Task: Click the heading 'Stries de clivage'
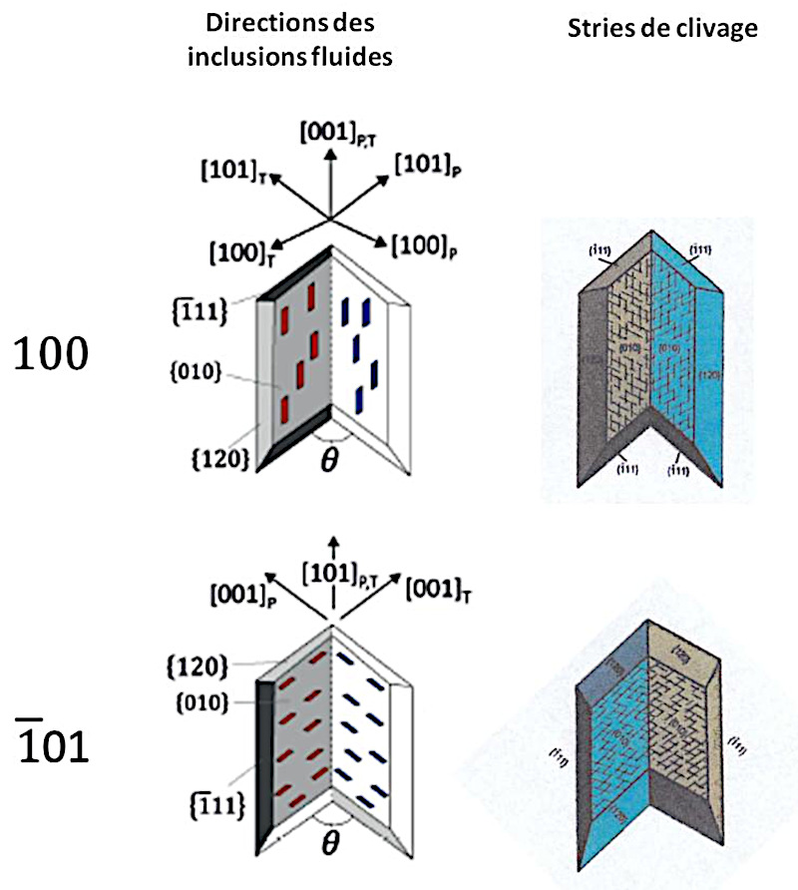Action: click(662, 30)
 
